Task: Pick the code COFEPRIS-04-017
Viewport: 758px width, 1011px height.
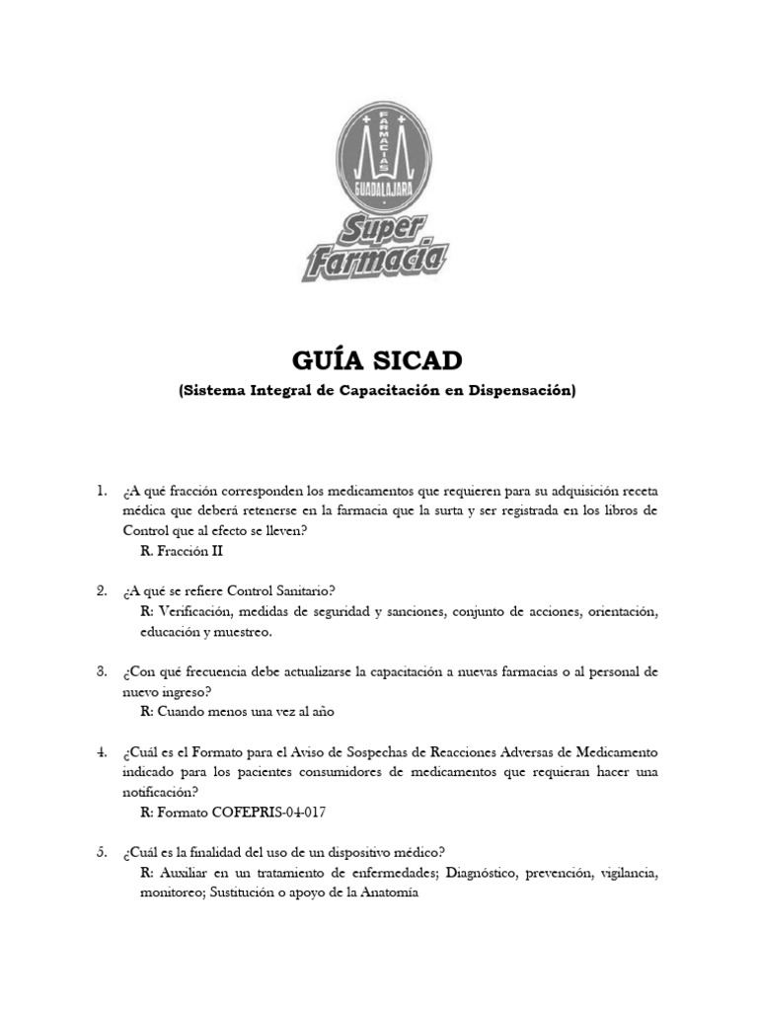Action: coord(262,813)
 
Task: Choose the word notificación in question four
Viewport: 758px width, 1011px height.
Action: coord(160,792)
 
